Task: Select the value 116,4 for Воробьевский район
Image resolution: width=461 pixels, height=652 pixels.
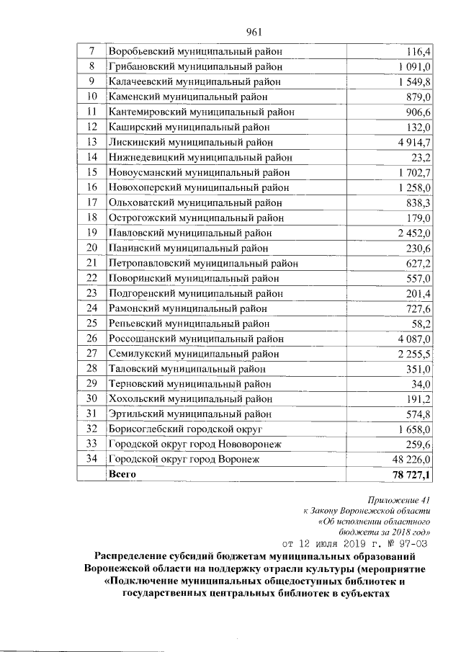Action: pos(419,52)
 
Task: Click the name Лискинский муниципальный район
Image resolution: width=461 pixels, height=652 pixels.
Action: pos(190,142)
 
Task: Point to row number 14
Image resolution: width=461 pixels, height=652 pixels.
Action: pos(91,157)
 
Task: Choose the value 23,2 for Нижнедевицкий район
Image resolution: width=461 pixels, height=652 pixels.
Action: pos(421,157)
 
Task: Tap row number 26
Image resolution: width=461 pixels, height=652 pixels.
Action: pos(91,338)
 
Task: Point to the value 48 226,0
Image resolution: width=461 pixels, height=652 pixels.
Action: pos(411,459)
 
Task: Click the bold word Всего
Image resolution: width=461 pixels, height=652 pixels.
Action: pos(122,474)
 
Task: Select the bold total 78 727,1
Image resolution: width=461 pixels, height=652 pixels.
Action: pos(409,474)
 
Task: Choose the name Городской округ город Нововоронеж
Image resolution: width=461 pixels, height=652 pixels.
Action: pos(194,444)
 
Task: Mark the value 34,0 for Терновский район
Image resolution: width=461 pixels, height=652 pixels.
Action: pos(421,383)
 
